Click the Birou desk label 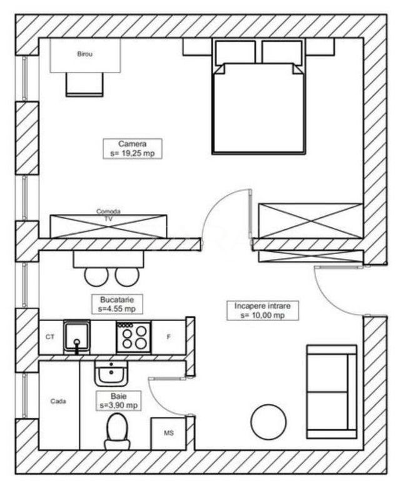click(x=84, y=55)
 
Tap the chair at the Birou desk click(x=84, y=84)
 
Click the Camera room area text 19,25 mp click(x=132, y=152)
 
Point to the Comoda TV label click(x=108, y=216)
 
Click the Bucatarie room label click(x=117, y=300)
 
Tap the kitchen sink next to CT click(x=77, y=337)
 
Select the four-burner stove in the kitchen click(x=133, y=337)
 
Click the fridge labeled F click(x=168, y=337)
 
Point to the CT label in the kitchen click(x=50, y=337)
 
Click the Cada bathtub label click(x=58, y=401)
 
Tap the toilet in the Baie click(x=117, y=432)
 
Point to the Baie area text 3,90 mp click(x=118, y=406)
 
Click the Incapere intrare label click(x=263, y=307)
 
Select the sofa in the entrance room click(x=331, y=391)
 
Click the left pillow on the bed click(x=235, y=53)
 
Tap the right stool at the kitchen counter click(x=127, y=275)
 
